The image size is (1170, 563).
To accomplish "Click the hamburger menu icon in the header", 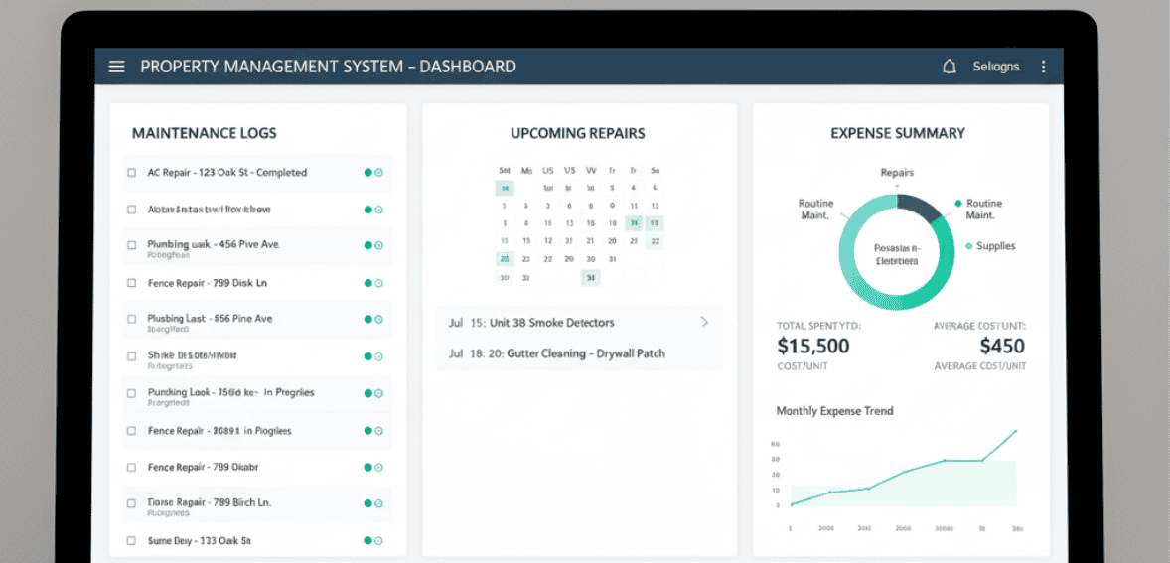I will click(117, 67).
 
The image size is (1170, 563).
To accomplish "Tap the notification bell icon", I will click(949, 67).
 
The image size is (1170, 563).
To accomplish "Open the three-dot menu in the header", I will click(1043, 67).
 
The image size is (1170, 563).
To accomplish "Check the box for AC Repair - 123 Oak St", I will click(131, 173).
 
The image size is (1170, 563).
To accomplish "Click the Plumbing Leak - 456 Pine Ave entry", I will click(214, 244).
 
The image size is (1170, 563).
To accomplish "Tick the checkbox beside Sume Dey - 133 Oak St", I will click(131, 541).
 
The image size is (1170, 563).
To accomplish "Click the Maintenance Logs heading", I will click(204, 133).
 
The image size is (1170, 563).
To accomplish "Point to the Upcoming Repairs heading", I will click(577, 133).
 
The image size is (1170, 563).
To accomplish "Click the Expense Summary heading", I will click(897, 133).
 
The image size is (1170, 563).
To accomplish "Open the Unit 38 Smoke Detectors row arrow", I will click(704, 322).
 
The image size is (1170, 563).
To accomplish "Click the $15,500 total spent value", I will click(812, 347).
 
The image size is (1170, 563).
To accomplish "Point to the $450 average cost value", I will click(1001, 347).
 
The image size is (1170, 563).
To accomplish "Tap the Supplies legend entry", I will click(994, 246).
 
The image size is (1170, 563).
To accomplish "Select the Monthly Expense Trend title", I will click(834, 411).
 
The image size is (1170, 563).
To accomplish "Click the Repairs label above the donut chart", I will click(897, 173).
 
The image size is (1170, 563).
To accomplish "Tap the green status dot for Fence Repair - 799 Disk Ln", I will click(367, 283).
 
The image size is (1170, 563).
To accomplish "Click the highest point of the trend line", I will click(1016, 431).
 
